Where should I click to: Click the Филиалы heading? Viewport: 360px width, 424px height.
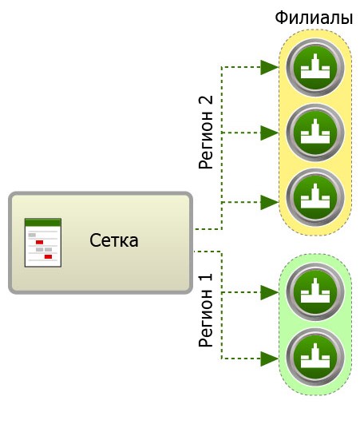[314, 18]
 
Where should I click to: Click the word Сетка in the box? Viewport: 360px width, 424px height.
[114, 240]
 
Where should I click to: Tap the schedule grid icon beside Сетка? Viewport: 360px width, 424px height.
[43, 243]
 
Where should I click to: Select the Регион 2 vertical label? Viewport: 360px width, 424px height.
[206, 133]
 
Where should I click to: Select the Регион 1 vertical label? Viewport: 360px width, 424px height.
[206, 310]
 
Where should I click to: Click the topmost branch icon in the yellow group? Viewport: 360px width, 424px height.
[315, 67]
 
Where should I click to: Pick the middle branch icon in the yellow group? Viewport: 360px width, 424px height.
[315, 133]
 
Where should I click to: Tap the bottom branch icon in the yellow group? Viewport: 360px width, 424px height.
[315, 197]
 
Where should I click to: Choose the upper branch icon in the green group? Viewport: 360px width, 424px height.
[315, 291]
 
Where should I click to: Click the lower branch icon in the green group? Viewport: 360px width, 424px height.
[315, 357]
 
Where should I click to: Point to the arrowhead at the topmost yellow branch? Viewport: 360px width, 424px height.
[270, 67]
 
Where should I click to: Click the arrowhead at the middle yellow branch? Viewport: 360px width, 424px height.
[270, 133]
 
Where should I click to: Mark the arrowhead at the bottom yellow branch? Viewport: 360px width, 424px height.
[270, 202]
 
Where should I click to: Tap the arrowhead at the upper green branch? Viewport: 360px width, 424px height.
[270, 292]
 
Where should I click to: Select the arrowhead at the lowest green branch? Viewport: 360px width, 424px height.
[270, 359]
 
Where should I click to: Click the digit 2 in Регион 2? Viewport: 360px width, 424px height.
[206, 101]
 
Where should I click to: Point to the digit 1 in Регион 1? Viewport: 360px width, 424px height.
[206, 278]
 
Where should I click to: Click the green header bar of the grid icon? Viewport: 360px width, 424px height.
[43, 222]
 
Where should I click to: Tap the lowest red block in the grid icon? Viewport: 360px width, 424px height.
[48, 256]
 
